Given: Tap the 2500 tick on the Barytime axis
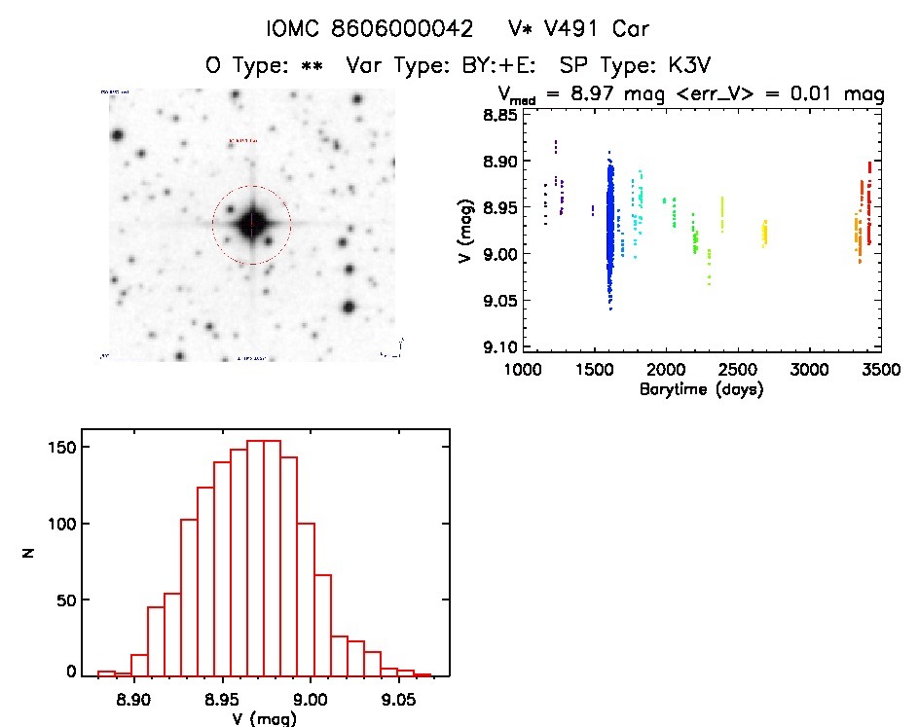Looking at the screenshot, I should pyautogui.click(x=738, y=371).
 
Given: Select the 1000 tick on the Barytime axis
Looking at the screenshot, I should pyautogui.click(x=523, y=371).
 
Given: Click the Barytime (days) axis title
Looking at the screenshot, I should pyautogui.click(x=701, y=390).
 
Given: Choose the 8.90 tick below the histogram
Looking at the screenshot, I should pyautogui.click(x=133, y=698).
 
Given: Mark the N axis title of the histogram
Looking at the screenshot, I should pyautogui.click(x=30, y=553).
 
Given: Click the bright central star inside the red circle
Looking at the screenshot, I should pyautogui.click(x=251, y=225).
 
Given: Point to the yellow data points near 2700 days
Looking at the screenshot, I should pyautogui.click(x=765, y=234).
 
